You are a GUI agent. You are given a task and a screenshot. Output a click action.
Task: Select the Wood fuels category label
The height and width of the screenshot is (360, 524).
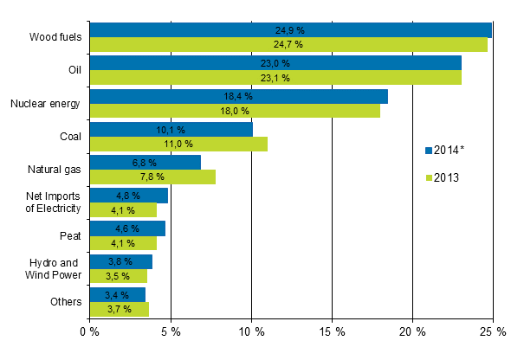pos(55,37)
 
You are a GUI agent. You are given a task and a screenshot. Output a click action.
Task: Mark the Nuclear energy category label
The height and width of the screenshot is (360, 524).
pos(45,104)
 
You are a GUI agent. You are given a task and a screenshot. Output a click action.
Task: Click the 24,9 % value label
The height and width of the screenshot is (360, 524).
pos(290,30)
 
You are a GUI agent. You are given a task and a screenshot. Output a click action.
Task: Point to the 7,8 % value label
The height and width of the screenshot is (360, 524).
pos(152,177)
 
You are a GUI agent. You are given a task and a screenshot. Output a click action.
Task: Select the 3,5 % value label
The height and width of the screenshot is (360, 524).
pos(117,276)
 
